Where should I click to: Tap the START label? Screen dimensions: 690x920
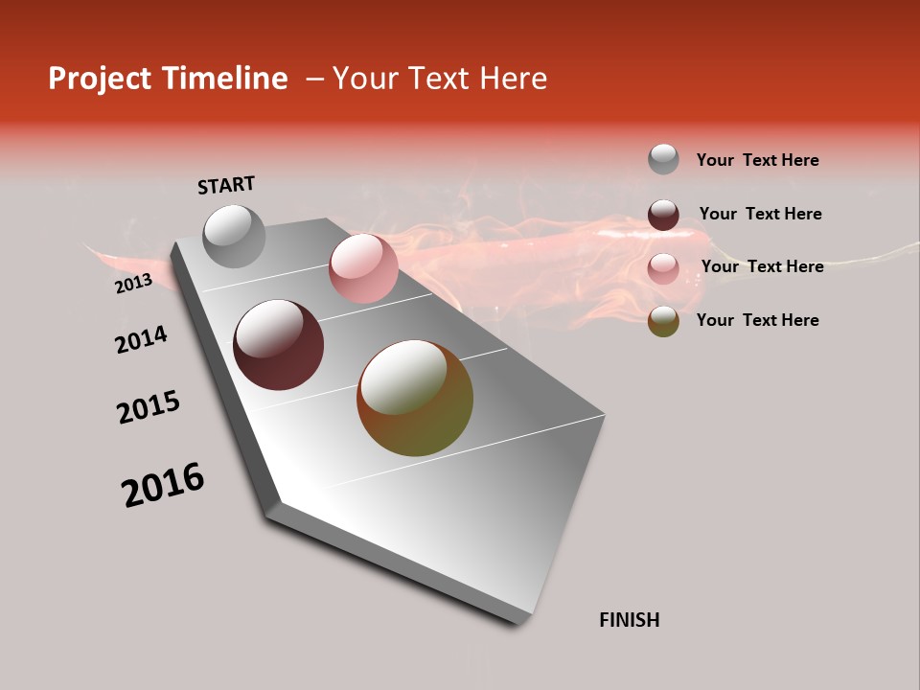[226, 185]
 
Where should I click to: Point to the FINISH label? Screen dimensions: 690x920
[630, 620]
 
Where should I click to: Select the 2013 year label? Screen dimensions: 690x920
[133, 284]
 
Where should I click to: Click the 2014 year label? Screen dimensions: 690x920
[141, 339]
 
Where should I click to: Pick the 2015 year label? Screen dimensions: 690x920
[149, 407]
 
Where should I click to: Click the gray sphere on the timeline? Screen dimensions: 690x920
[235, 236]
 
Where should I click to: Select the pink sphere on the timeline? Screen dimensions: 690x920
[363, 268]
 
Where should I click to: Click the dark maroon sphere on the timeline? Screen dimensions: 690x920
[279, 345]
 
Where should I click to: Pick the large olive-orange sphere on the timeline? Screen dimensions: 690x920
[415, 398]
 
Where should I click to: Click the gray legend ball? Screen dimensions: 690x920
[663, 159]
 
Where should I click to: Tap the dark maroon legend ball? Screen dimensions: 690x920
[663, 215]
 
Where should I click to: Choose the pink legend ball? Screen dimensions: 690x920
[663, 268]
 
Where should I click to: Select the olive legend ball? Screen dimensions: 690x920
[663, 322]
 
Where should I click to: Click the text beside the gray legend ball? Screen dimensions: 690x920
[757, 160]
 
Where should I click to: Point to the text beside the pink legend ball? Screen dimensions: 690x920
[762, 266]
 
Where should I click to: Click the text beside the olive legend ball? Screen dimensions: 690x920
[757, 320]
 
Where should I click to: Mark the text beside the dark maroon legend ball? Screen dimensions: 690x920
[760, 214]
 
